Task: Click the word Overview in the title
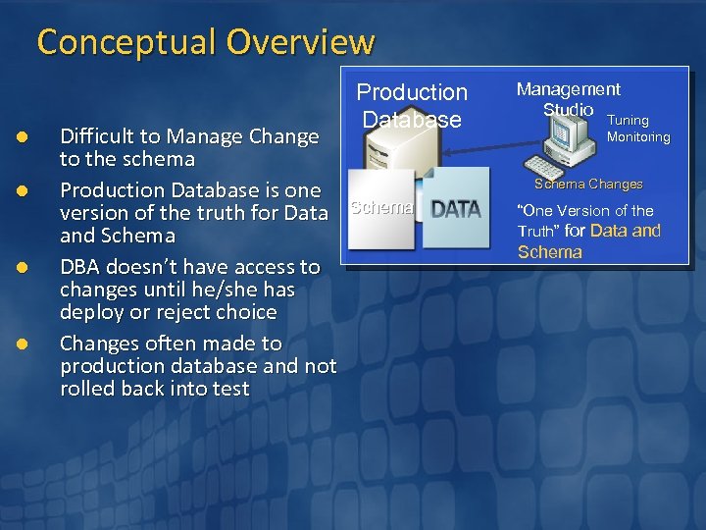tap(300, 42)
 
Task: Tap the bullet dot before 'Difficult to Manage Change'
tap(30, 136)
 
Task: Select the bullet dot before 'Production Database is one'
tap(30, 190)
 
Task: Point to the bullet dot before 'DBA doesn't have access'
tap(30, 267)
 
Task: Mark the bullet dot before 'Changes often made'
tap(30, 344)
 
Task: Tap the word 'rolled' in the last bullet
tap(86, 389)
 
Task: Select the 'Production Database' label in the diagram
tap(412, 106)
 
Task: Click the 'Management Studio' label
tap(568, 98)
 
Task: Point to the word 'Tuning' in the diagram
tap(628, 120)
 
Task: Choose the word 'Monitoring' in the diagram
tap(637, 137)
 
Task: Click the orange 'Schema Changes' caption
tap(588, 184)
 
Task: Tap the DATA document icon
tap(455, 207)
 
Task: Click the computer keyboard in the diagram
tap(559, 166)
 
